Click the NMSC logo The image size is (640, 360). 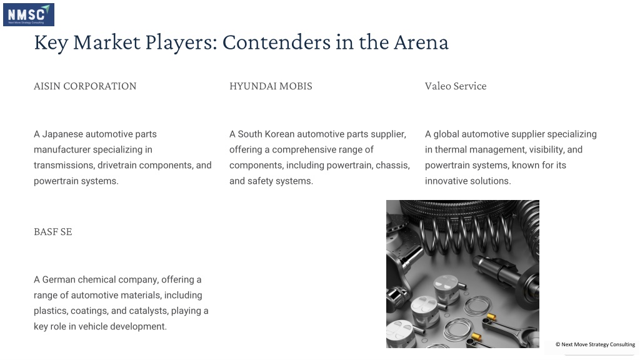29,15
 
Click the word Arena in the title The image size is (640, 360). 421,42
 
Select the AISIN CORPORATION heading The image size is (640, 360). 85,86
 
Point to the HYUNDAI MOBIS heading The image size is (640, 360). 271,86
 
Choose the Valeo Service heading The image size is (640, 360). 456,86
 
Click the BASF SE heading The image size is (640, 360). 53,232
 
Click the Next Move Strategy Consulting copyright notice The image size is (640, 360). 595,344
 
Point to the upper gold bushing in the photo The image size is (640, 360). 492,317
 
